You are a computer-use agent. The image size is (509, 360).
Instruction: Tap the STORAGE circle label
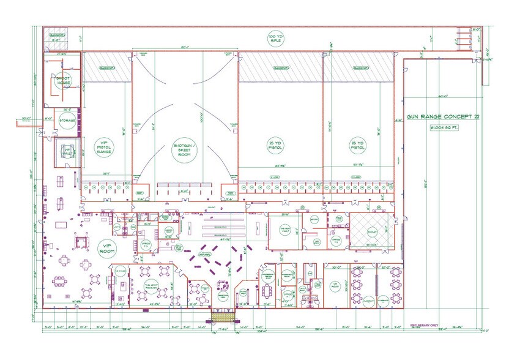pos(67,120)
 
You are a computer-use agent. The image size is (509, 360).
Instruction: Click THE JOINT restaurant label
pos(152,285)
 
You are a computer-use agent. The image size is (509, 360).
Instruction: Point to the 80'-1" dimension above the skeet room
pos(184,47)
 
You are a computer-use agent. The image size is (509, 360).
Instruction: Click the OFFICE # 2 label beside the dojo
pos(335,241)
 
